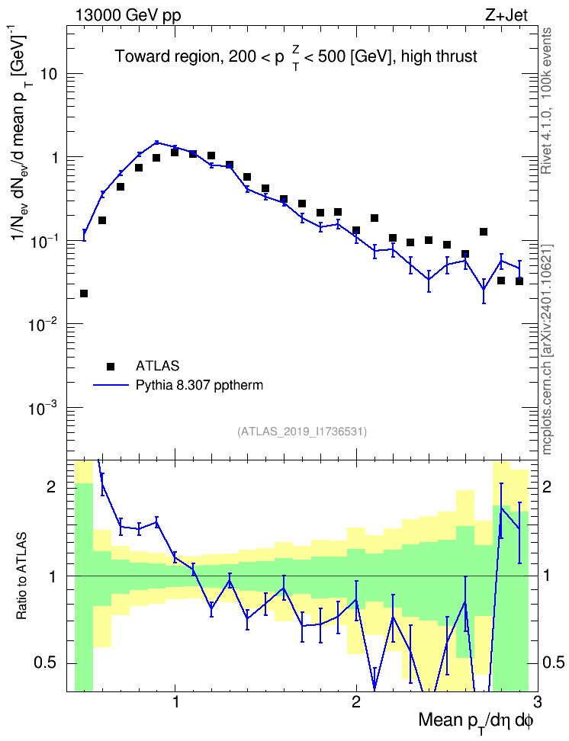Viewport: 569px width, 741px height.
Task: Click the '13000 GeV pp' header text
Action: [127, 15]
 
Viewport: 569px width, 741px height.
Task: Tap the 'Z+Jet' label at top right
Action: [506, 15]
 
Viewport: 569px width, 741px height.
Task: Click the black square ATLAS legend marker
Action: [111, 366]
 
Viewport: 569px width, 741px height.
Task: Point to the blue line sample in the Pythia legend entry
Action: [111, 386]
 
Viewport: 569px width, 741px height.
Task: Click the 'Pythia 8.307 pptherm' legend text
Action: [199, 386]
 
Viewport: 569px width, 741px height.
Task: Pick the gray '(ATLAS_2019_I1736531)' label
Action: [302, 431]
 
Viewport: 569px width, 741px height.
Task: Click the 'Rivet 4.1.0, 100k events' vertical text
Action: [546, 101]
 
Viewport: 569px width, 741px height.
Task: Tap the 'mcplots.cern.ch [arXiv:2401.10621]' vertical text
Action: [546, 349]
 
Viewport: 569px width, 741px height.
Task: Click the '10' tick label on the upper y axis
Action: [49, 74]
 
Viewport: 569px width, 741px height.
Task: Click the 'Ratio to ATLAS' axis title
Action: [21, 576]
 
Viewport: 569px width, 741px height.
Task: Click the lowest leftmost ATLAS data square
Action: [84, 294]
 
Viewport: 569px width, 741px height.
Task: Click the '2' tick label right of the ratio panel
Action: [547, 486]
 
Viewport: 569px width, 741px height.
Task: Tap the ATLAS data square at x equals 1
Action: [175, 152]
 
